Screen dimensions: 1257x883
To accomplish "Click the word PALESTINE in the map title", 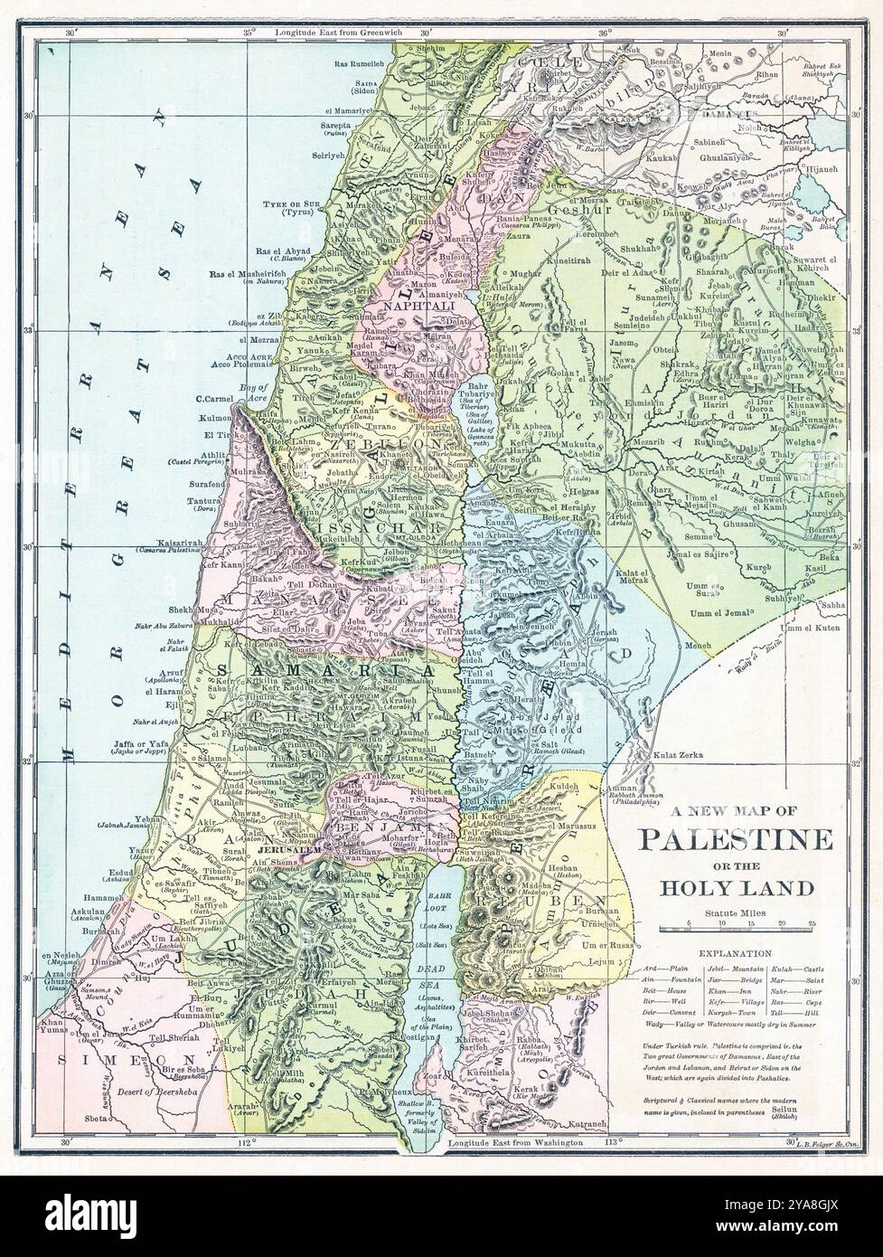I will [x=736, y=839].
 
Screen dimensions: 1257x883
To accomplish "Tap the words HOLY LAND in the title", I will [x=736, y=888].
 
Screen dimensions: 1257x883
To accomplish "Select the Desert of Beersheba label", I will [x=161, y=1091].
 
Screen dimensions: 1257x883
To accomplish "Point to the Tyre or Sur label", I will [x=287, y=204].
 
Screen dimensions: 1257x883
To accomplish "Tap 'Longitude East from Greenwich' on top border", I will [x=337, y=33].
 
